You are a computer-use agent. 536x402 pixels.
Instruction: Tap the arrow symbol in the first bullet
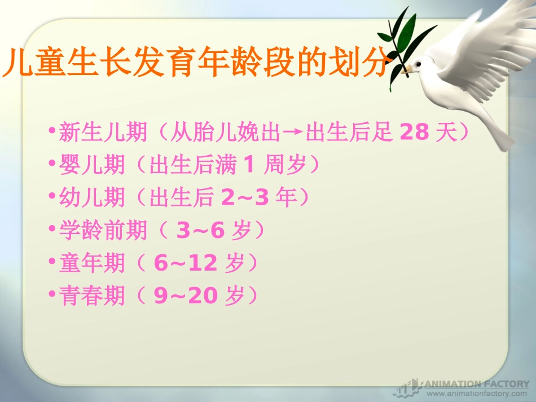[293, 133]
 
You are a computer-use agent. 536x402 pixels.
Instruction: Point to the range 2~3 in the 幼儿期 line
[243, 197]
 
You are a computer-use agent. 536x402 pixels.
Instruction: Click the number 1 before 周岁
[249, 165]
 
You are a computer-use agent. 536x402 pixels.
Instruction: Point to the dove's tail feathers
[497, 132]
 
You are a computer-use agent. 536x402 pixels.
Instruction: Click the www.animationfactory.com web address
[476, 394]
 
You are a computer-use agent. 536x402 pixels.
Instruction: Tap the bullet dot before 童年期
[52, 262]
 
